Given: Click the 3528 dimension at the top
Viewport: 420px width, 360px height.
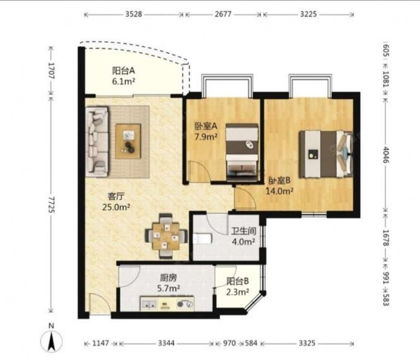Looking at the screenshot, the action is pos(134,14).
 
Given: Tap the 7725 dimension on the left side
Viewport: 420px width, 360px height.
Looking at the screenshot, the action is pos(51,205).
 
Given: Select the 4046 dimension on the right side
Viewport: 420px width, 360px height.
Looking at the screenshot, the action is pos(386,155).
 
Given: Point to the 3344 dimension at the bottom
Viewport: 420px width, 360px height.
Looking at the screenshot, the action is pos(166,343).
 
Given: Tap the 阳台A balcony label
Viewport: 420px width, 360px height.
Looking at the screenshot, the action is pos(123,71).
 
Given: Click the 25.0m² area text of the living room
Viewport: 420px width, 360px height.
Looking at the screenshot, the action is pos(116,207).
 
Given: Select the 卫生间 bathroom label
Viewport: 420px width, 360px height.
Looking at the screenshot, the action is pos(244,231).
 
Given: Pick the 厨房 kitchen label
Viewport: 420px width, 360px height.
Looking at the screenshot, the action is pos(168,278).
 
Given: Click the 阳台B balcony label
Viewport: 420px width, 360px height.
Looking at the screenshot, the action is pos(238,281).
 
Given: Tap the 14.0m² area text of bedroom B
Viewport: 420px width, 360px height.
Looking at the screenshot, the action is pos(279,191).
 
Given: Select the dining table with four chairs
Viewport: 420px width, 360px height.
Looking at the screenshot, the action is pos(166,236).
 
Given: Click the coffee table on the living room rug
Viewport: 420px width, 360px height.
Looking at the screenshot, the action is pos(128,141).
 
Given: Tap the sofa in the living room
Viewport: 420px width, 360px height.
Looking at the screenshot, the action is pos(97,141).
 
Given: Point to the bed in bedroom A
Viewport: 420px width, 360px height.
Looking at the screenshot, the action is pos(242,153).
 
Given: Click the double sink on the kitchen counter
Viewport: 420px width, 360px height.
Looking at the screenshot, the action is pos(149,304).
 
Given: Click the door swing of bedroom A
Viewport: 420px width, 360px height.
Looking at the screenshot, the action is pos(200,171).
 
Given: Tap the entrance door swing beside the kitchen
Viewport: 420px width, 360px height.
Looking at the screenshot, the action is pos(99,304).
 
